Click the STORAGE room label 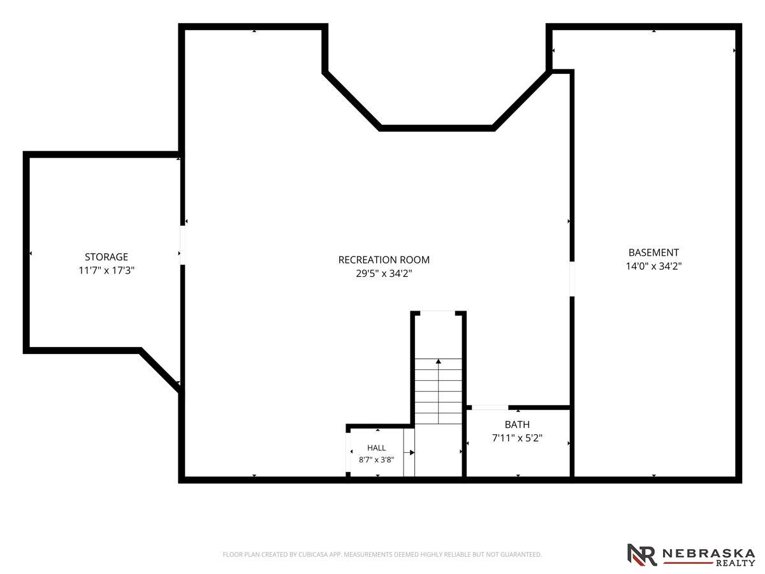106,257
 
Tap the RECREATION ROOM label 384,260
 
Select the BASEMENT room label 653,253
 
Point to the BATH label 517,425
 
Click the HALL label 376,448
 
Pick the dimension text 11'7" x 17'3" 106,270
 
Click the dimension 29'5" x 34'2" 384,274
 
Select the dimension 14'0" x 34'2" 653,266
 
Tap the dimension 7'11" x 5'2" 517,438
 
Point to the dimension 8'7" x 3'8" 376,460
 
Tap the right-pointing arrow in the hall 409,453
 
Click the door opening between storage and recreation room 182,246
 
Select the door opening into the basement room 572,279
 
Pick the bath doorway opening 490,408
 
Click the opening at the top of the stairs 438,313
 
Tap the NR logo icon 642,554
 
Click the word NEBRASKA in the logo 708,553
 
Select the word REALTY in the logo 736,563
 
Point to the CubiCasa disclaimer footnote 382,554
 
